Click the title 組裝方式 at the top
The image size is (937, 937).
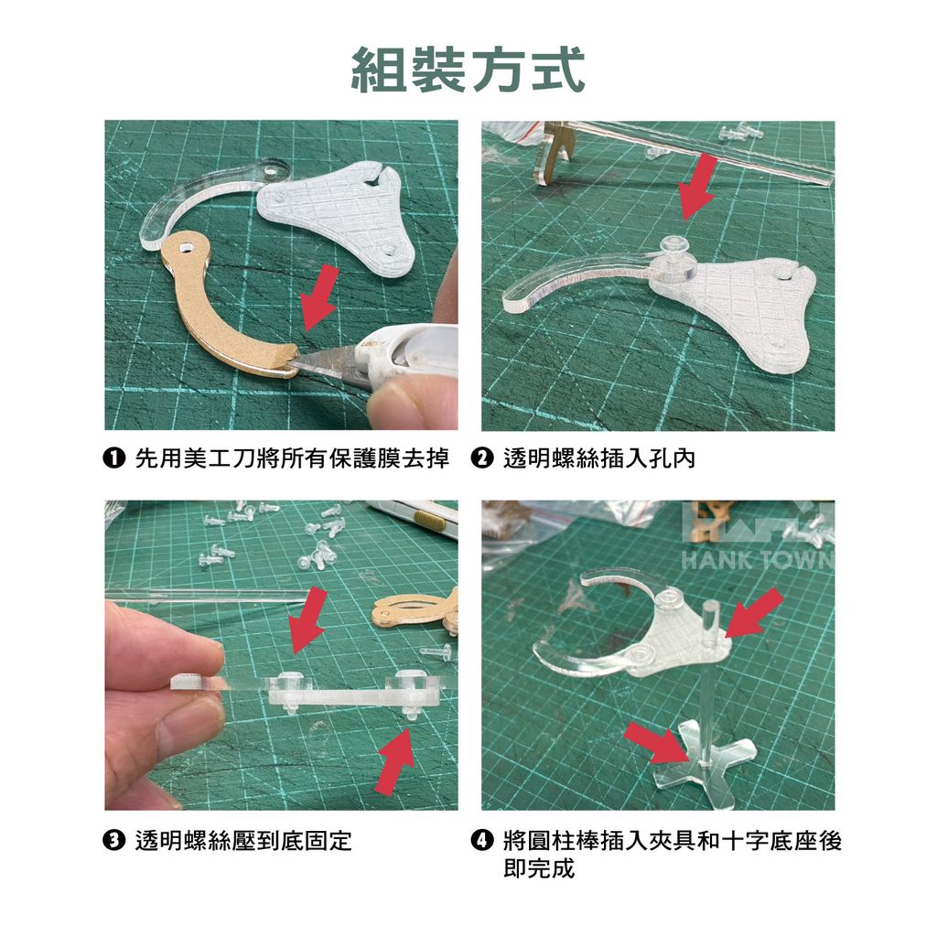pyautogui.click(x=468, y=70)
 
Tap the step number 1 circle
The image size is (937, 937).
pyautogui.click(x=113, y=458)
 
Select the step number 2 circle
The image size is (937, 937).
pyautogui.click(x=481, y=458)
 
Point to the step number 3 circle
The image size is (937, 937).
pyautogui.click(x=113, y=840)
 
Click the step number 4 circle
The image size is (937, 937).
pyautogui.click(x=481, y=840)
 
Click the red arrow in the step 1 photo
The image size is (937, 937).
pyautogui.click(x=319, y=297)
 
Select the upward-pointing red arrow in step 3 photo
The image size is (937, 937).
pyautogui.click(x=395, y=760)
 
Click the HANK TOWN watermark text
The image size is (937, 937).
pyautogui.click(x=758, y=560)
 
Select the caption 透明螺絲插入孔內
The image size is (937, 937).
pyautogui.click(x=599, y=458)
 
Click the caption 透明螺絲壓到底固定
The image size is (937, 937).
pyautogui.click(x=243, y=840)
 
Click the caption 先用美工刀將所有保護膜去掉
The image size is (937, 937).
pyautogui.click(x=292, y=458)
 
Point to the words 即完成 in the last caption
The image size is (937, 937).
pyautogui.click(x=539, y=868)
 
